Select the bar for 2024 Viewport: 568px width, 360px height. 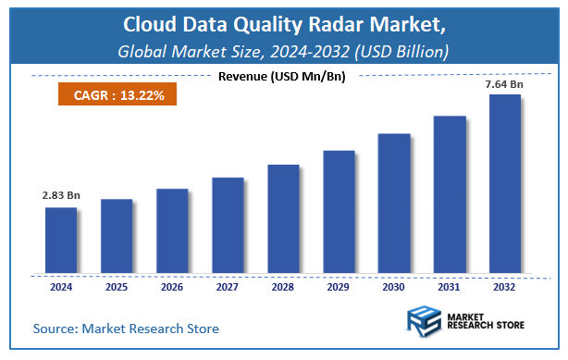click(60, 240)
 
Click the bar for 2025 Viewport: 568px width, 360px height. click(116, 236)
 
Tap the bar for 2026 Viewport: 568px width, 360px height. click(171, 230)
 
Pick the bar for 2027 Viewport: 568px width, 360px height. click(227, 225)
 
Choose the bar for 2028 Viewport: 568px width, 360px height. click(282, 218)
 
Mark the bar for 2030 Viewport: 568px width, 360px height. click(393, 203)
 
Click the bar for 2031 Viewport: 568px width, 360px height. click(449, 194)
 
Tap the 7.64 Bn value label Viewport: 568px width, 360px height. click(504, 84)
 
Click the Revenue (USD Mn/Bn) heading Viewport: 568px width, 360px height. click(282, 76)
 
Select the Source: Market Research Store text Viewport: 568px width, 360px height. click(127, 328)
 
